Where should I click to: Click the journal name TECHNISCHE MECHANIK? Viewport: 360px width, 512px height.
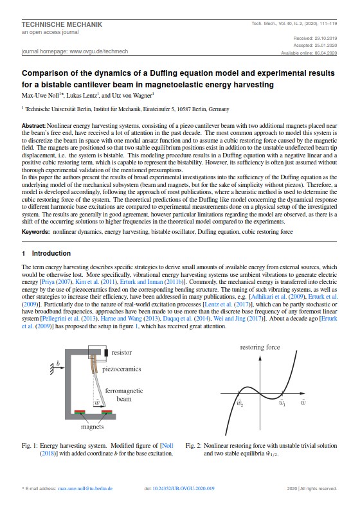tap(62, 24)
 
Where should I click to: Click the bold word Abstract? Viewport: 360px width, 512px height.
tap(33, 126)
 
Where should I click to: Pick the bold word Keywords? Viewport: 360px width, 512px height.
tap(35, 232)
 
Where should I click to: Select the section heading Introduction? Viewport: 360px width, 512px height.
tap(51, 253)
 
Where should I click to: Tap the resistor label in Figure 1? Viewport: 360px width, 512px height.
tap(122, 353)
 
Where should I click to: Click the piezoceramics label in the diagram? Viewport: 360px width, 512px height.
tap(122, 369)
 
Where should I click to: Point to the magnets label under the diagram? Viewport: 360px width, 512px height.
tap(92, 427)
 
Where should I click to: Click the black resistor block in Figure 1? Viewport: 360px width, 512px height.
tap(106, 353)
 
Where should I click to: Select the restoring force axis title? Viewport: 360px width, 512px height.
tap(260, 348)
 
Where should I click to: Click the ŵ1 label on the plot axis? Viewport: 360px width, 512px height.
tap(282, 403)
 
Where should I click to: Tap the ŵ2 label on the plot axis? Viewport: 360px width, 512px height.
tap(240, 403)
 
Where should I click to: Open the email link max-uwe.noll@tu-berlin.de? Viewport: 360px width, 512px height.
tap(85, 488)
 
